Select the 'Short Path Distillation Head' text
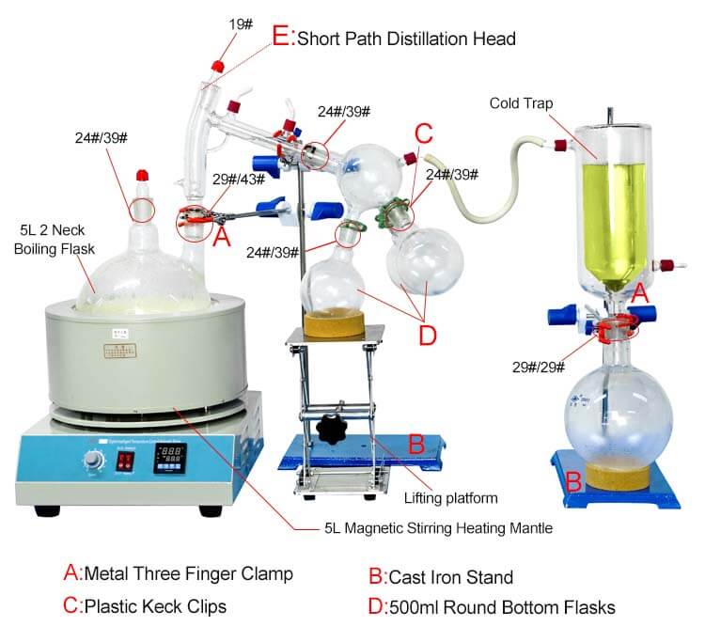(x=406, y=39)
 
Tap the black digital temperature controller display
(x=177, y=460)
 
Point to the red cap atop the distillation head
(x=218, y=67)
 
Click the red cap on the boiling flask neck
(x=143, y=177)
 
